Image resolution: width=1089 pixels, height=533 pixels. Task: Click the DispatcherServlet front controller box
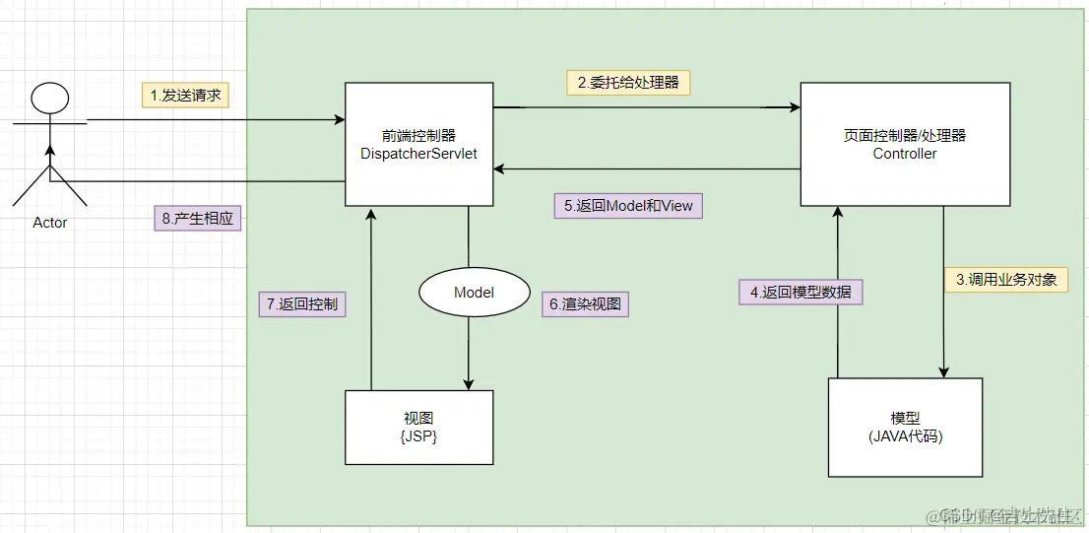[x=418, y=144]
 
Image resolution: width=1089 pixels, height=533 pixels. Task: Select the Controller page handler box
[x=905, y=144]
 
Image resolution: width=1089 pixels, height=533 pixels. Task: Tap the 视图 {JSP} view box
[x=418, y=427]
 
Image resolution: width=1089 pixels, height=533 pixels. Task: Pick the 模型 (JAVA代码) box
[x=905, y=427]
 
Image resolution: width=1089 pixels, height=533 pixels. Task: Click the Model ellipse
[x=473, y=293]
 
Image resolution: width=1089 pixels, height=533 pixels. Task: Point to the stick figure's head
[x=49, y=100]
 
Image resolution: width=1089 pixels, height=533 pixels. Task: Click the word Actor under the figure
[x=49, y=223]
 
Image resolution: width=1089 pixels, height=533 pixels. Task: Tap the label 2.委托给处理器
[x=628, y=82]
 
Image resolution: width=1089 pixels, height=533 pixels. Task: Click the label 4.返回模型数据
[x=801, y=292]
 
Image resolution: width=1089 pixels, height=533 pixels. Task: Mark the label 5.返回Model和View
[x=628, y=206]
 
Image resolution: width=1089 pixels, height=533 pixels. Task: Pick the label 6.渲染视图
[x=585, y=304]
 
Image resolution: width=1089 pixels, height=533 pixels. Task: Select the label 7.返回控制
[x=301, y=304]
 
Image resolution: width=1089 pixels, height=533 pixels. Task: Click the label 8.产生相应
[x=198, y=218]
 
